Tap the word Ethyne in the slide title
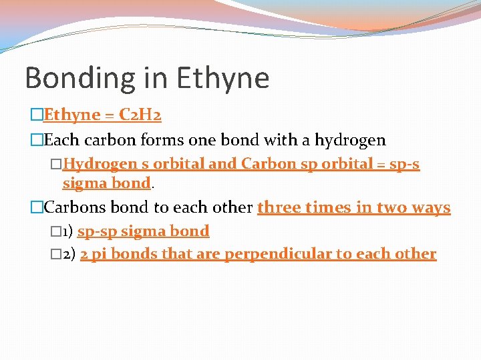pyautogui.click(x=222, y=78)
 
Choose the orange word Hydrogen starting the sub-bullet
pyautogui.click(x=98, y=164)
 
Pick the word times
pyautogui.click(x=325, y=207)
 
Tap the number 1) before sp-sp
pyautogui.click(x=67, y=232)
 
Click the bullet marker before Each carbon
pyautogui.click(x=37, y=141)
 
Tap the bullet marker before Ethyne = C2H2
pyautogui.click(x=37, y=116)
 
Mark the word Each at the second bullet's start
pyautogui.click(x=59, y=140)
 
